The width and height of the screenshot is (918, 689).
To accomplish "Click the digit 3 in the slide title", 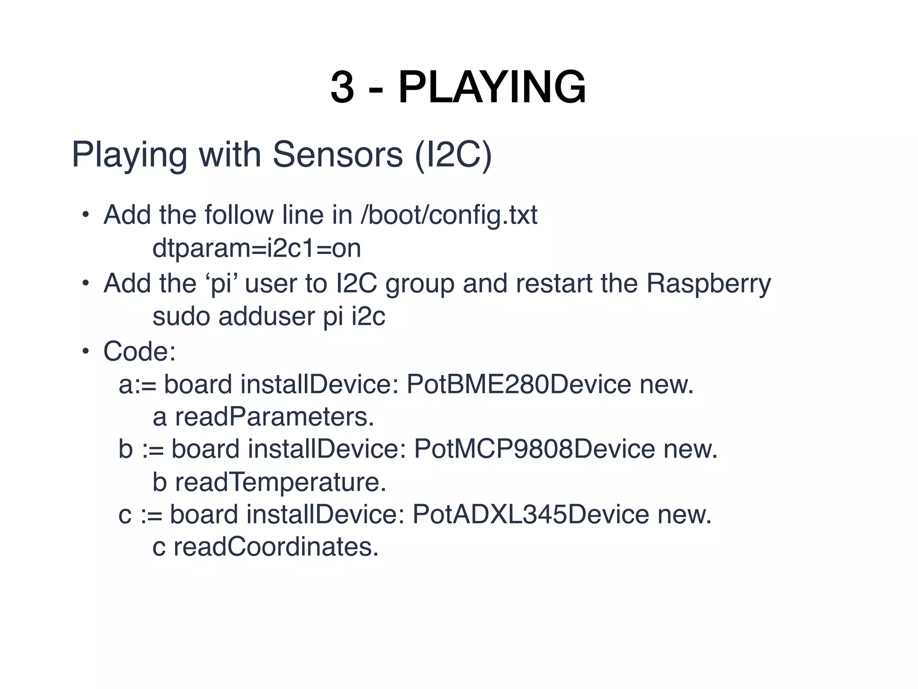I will [x=342, y=87].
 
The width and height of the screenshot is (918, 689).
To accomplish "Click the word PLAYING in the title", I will [x=492, y=87].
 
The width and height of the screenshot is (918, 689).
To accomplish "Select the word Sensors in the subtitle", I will [x=338, y=155].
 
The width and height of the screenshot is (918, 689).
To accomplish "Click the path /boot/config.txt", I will [x=449, y=215].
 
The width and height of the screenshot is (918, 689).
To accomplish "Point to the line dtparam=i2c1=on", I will [x=256, y=248].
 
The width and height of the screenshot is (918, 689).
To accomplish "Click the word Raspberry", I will [x=708, y=284].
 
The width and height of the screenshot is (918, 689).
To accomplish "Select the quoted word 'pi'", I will [x=221, y=284].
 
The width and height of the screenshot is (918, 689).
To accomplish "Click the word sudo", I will [x=181, y=317].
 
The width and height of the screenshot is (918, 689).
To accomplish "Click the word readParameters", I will [x=274, y=417].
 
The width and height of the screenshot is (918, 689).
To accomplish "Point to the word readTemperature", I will [x=280, y=482].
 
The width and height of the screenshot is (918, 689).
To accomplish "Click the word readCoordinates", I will [x=276, y=547].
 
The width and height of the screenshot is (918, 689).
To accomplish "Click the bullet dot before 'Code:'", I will [x=86, y=351].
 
